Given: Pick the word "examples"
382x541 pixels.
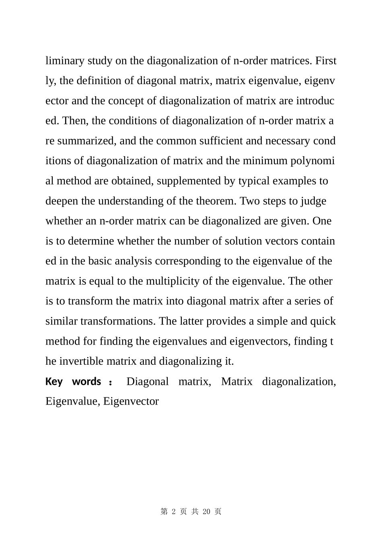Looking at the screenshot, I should click(x=296, y=181).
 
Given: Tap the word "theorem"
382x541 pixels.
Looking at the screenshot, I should click(x=216, y=201).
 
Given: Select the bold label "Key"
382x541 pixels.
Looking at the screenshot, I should click(x=54, y=382).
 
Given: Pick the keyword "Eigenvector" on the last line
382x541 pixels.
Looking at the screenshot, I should click(x=131, y=401).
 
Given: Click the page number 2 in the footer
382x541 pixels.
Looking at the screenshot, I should click(x=174, y=512).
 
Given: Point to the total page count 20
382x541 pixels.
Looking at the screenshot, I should click(x=207, y=512).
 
